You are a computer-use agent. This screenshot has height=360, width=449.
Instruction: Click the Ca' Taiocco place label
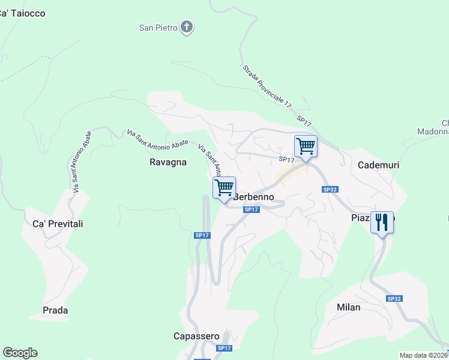[x=22, y=13]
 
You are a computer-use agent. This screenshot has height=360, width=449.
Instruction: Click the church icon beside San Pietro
[x=187, y=27]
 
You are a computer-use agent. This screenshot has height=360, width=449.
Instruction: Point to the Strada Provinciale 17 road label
[x=267, y=86]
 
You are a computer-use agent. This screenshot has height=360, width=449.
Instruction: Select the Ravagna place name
[x=168, y=162]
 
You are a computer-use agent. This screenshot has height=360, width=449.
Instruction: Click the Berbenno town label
[x=253, y=197]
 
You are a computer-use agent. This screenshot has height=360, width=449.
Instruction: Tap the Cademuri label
[x=378, y=165]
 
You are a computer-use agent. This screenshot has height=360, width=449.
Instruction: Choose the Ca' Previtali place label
[x=53, y=224]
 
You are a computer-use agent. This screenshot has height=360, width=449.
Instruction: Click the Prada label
[x=55, y=310]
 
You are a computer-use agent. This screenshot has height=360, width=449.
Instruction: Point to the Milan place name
[x=349, y=307]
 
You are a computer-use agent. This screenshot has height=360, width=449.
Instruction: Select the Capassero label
[x=196, y=336]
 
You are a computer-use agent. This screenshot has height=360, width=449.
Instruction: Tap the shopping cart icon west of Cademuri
[x=306, y=146]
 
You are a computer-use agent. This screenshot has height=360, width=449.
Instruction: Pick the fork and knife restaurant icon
[x=382, y=222]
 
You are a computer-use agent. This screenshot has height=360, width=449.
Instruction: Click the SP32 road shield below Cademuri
[x=330, y=190]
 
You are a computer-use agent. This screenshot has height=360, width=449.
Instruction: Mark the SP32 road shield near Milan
[x=394, y=298]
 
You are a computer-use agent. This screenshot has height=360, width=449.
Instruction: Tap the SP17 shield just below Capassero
[x=224, y=348]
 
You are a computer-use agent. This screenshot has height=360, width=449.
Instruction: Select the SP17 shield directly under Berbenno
[x=252, y=209]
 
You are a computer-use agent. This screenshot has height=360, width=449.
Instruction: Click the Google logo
[x=20, y=353]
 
